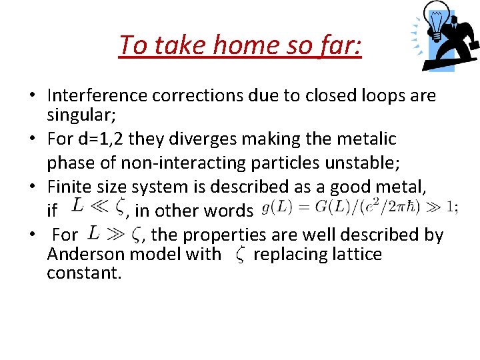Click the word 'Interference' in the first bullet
coord(97,96)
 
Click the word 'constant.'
coord(84,273)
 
